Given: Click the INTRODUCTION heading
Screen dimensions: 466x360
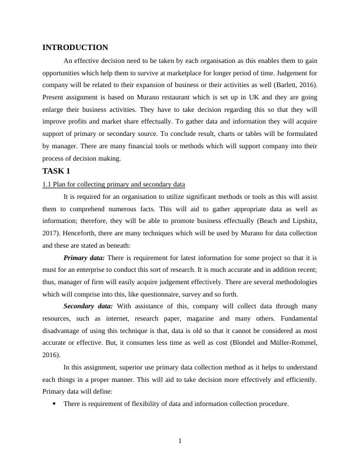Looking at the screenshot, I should coord(75,48).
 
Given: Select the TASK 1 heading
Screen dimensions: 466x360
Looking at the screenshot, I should coord(56,171).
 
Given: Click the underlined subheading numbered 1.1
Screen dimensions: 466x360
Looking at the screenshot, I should coord(114,185).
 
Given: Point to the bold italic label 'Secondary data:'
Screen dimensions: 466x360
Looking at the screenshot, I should coord(88,306).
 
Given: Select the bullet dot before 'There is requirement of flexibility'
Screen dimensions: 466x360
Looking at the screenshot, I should coord(54,404).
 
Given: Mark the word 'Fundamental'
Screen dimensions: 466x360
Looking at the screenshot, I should coord(297,318).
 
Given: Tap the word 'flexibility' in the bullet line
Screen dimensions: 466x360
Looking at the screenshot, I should coord(141,404).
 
